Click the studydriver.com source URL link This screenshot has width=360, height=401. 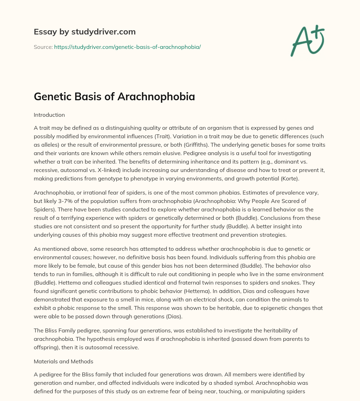click(x=127, y=47)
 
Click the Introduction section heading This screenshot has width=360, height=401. click(x=49, y=115)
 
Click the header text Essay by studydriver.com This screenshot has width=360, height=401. click(x=85, y=32)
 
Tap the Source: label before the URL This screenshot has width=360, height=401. click(x=43, y=47)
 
